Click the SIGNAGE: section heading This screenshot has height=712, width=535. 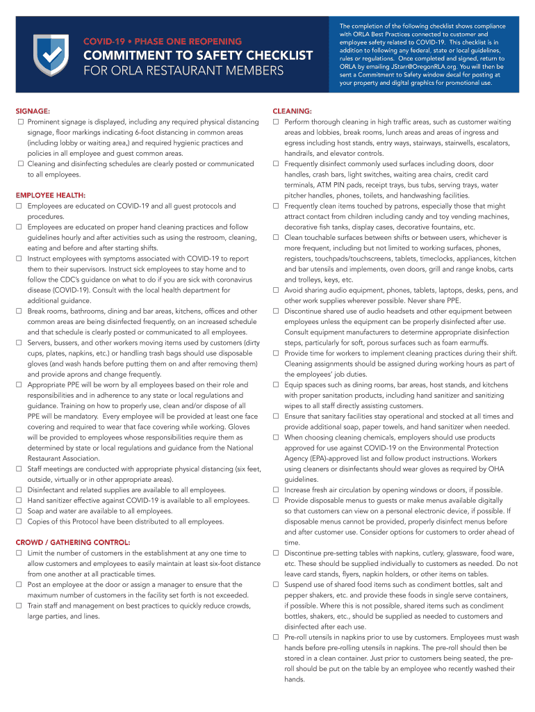33,111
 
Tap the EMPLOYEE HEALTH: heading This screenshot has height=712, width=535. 51,195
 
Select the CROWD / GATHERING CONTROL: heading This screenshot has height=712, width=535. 73,542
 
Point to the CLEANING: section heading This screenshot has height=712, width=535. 292,111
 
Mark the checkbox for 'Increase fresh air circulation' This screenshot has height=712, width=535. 276,490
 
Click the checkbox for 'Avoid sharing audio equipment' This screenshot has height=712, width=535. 276,291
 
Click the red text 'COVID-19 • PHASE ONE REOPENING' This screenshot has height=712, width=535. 163,42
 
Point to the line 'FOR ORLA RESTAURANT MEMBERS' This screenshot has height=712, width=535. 184,71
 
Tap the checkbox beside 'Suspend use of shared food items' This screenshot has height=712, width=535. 276,585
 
